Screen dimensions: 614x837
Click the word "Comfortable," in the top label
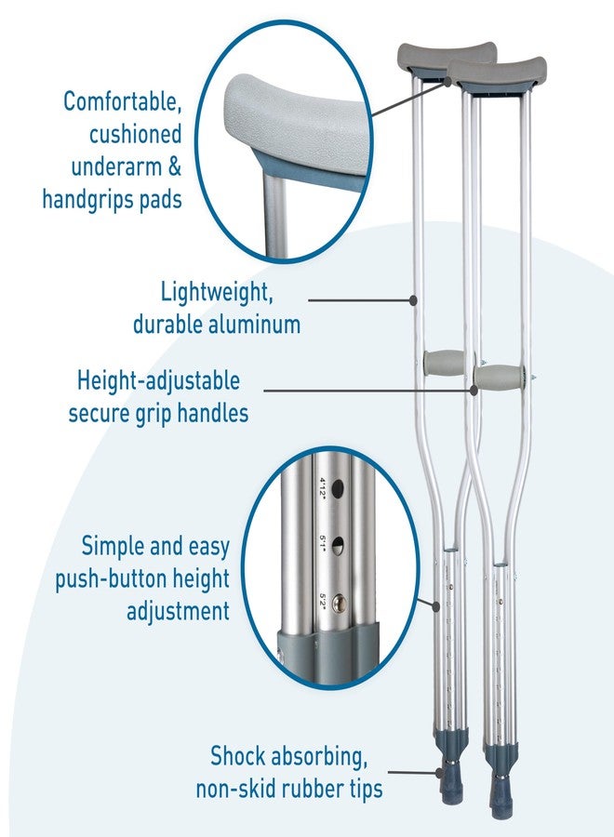click(123, 101)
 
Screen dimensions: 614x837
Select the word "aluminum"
click(254, 324)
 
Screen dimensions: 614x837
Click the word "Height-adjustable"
click(158, 381)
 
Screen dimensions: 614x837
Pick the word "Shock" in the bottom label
click(237, 756)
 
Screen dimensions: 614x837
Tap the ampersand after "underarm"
click(175, 166)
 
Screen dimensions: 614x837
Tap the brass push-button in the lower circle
click(339, 604)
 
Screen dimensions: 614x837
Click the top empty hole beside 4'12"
click(338, 488)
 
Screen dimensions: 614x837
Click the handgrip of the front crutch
click(499, 377)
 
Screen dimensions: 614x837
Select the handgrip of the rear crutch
click(445, 363)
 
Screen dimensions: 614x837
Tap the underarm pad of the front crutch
click(497, 71)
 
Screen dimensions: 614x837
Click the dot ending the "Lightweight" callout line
click(413, 300)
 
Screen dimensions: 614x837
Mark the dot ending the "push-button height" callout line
click(436, 605)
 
